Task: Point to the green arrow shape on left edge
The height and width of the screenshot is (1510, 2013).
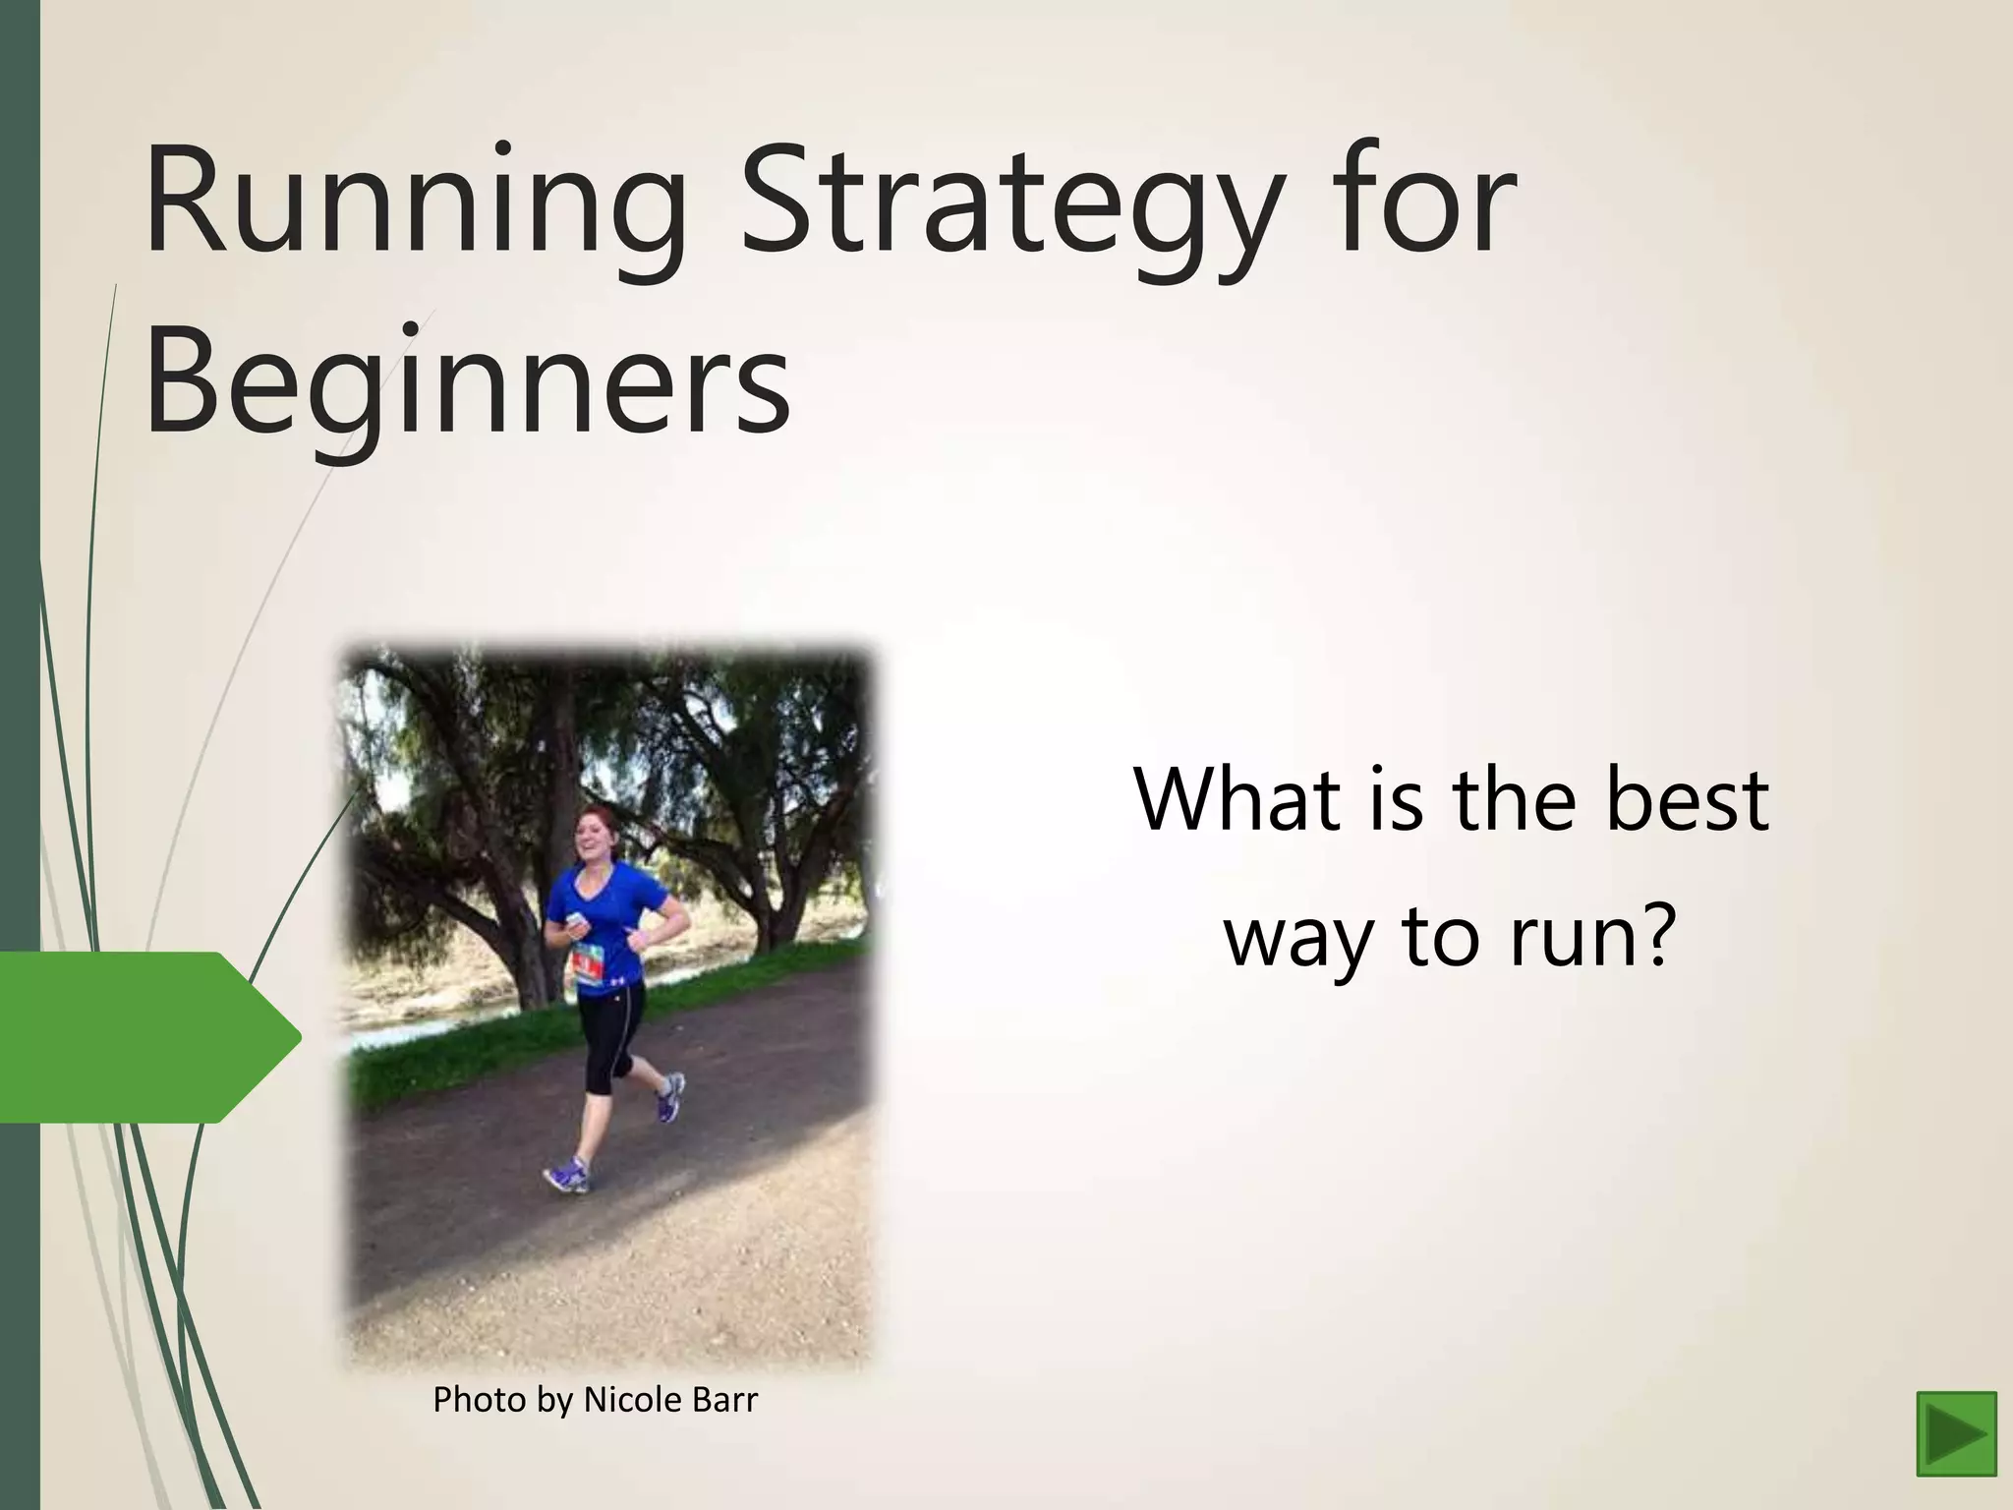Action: (147, 1036)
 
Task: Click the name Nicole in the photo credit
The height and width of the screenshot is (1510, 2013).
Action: (628, 1400)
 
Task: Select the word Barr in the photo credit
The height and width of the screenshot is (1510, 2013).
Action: (721, 1400)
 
